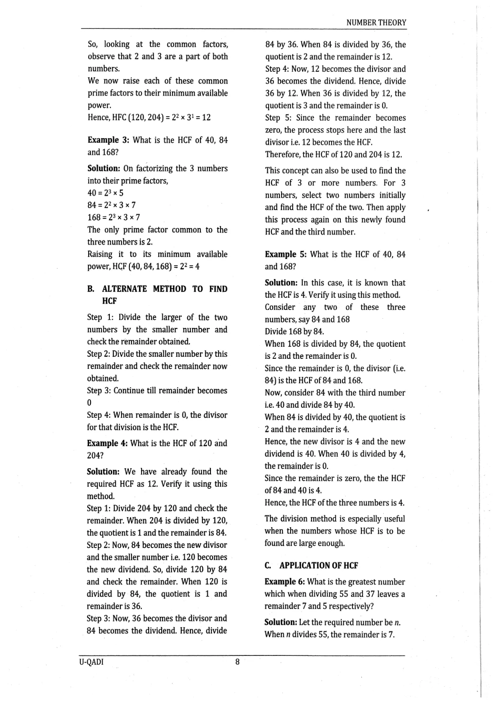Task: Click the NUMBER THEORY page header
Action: tap(376, 23)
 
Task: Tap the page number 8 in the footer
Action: tap(237, 662)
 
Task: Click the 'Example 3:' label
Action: tap(109, 140)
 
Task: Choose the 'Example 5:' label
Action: tap(286, 254)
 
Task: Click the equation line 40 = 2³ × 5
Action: tap(105, 193)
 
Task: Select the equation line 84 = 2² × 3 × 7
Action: tap(112, 205)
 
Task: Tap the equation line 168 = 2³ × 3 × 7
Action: tap(114, 217)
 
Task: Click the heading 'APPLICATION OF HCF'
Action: tap(319, 566)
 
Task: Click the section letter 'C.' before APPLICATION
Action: tap(268, 566)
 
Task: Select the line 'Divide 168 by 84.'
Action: tap(294, 332)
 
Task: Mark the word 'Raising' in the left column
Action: tap(100, 254)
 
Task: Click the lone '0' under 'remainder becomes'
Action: tap(89, 403)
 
